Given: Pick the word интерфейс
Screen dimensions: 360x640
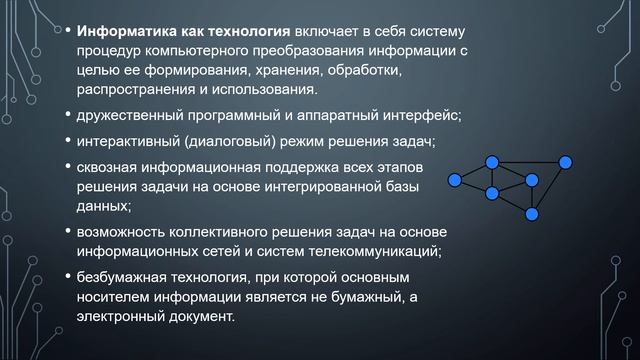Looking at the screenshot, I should (x=419, y=115).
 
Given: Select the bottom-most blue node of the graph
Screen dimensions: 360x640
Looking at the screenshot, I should (x=533, y=213).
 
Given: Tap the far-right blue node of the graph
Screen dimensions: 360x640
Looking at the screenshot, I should (x=566, y=161).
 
